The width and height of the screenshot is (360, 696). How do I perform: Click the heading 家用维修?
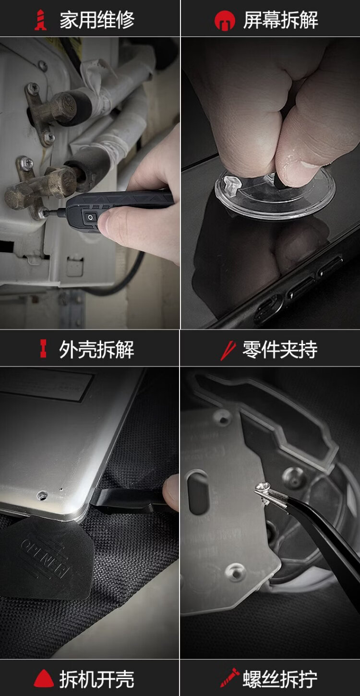[97, 20]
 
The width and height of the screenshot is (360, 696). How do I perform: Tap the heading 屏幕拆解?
[280, 20]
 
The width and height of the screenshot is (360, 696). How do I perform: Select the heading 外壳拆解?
[96, 350]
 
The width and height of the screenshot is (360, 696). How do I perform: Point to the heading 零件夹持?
[280, 350]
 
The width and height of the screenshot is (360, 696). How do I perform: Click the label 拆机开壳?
[97, 679]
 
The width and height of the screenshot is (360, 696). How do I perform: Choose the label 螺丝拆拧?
[280, 679]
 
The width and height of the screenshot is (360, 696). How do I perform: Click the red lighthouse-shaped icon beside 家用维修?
[41, 20]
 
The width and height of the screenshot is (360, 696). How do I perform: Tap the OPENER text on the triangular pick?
[46, 558]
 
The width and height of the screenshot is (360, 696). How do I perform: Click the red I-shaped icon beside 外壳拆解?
[44, 349]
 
